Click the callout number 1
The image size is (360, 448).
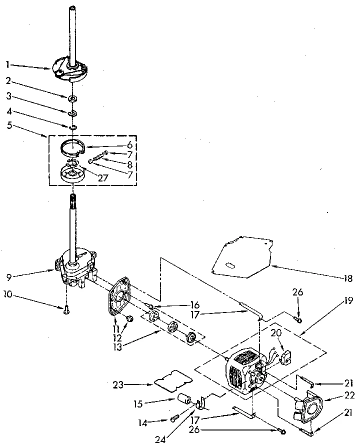pyautogui.click(x=7, y=64)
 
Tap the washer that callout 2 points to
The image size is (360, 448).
pyautogui.click(x=73, y=98)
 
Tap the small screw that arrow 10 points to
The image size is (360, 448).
pyautogui.click(x=66, y=309)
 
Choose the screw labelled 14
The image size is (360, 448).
pyautogui.click(x=175, y=417)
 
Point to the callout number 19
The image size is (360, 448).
pyautogui.click(x=348, y=301)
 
